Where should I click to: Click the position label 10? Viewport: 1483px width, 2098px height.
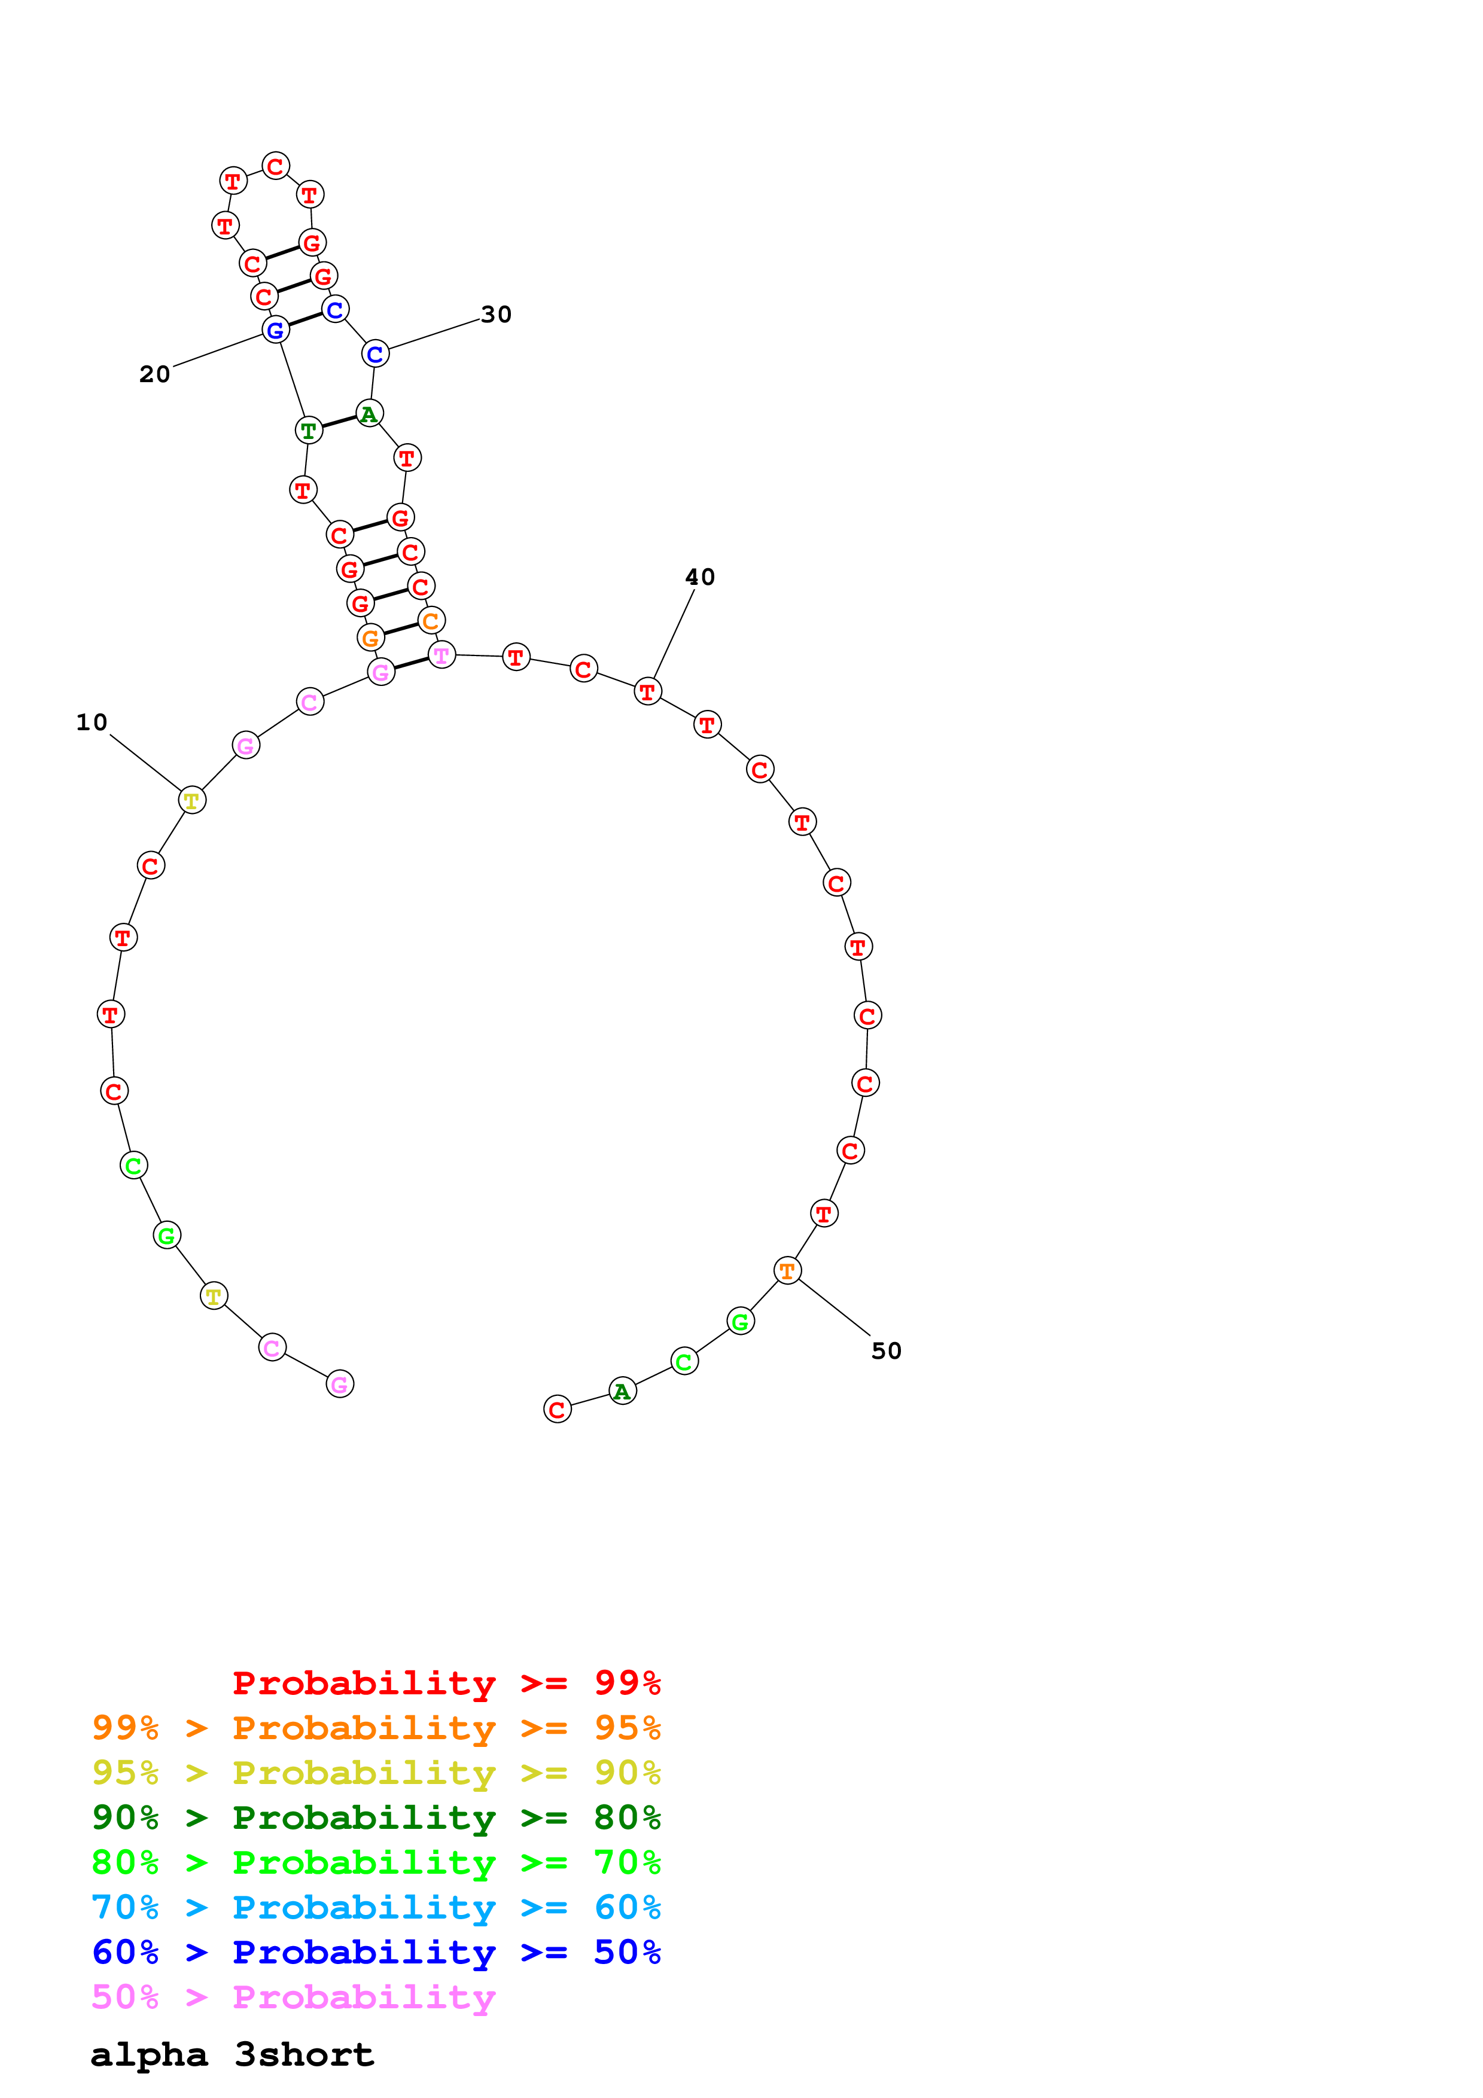pos(92,723)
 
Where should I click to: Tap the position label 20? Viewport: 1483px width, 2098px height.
pos(154,374)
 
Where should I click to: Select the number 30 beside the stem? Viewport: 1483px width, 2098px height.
pos(496,315)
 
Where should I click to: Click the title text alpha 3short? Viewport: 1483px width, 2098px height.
pos(232,2054)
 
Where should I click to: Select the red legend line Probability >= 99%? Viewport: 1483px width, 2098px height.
pos(446,1682)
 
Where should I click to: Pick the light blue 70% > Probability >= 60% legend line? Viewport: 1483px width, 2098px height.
pos(376,1907)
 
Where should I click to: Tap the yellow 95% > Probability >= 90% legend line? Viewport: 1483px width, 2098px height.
pos(376,1773)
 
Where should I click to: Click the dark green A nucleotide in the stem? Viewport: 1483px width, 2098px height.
pos(369,414)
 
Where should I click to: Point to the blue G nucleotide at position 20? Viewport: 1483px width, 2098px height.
pos(275,330)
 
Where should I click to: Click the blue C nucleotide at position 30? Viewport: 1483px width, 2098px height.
pos(374,353)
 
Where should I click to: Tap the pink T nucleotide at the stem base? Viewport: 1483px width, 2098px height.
pos(442,655)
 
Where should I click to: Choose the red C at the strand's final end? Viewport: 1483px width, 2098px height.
pos(558,1409)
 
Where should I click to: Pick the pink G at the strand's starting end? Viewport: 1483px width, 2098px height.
pos(340,1385)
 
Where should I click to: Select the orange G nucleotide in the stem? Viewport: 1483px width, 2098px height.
pos(370,638)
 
